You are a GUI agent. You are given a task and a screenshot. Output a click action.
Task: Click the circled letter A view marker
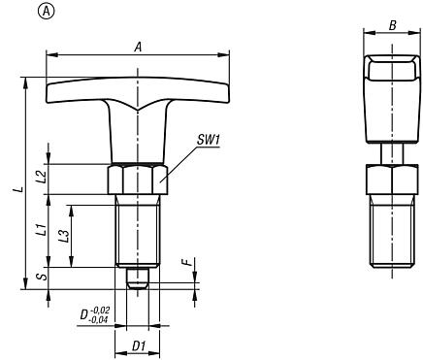point(16,12)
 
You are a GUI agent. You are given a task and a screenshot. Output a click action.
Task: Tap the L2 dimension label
point(40,177)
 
